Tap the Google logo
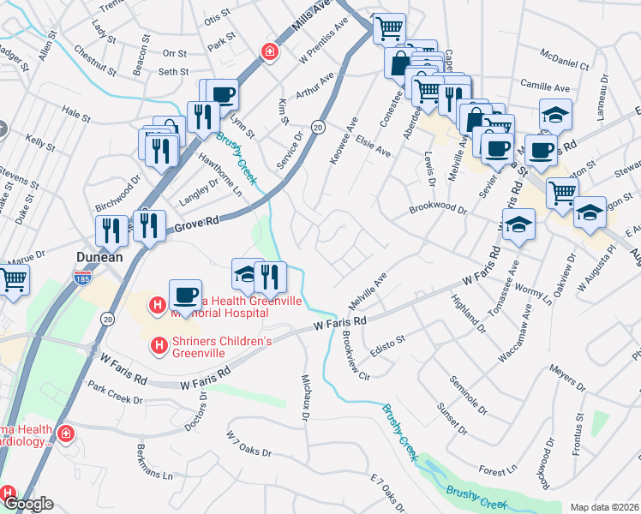coord(29,505)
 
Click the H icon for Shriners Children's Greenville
coord(158,346)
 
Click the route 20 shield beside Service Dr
coord(317,127)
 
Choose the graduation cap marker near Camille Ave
coord(555,114)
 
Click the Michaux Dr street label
coord(306,397)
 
